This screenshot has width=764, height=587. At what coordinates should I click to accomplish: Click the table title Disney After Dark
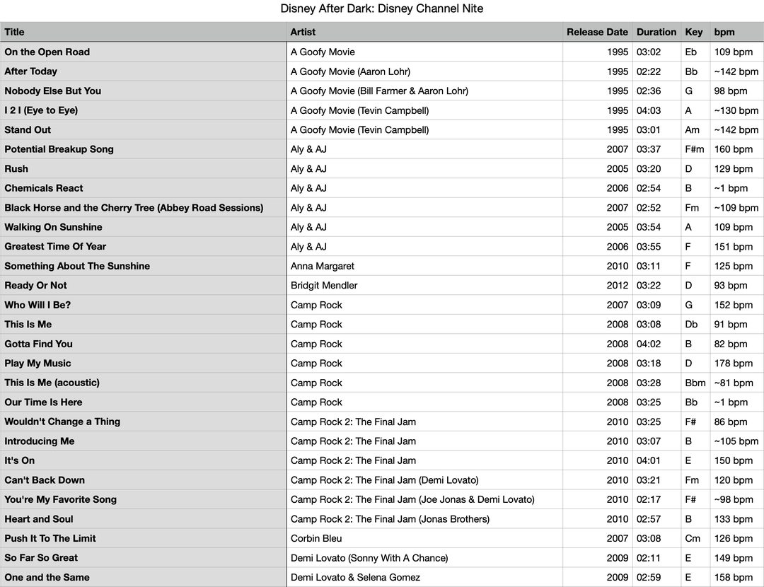(x=382, y=8)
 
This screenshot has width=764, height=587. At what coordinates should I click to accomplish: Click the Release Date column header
(x=596, y=32)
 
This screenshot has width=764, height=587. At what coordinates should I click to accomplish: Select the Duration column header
(x=656, y=32)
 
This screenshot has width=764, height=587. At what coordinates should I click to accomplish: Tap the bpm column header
(x=724, y=32)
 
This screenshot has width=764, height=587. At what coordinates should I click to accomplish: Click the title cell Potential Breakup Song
(x=59, y=149)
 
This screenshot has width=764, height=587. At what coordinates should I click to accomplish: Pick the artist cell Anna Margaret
(x=323, y=266)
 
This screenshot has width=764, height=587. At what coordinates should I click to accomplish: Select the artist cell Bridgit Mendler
(x=324, y=286)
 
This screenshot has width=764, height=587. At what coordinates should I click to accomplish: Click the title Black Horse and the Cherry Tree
(x=134, y=208)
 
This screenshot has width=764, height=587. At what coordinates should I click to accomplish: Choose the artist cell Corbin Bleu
(x=316, y=538)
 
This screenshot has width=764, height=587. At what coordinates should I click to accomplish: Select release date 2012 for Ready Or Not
(x=617, y=286)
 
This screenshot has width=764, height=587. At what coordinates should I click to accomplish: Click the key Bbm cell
(x=695, y=383)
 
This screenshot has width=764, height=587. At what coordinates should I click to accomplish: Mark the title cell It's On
(x=19, y=460)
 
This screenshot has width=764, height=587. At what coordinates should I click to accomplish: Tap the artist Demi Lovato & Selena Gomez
(x=355, y=577)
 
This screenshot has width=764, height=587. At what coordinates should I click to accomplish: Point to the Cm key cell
(x=693, y=538)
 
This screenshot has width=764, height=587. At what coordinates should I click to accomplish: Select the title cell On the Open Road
(x=47, y=52)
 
